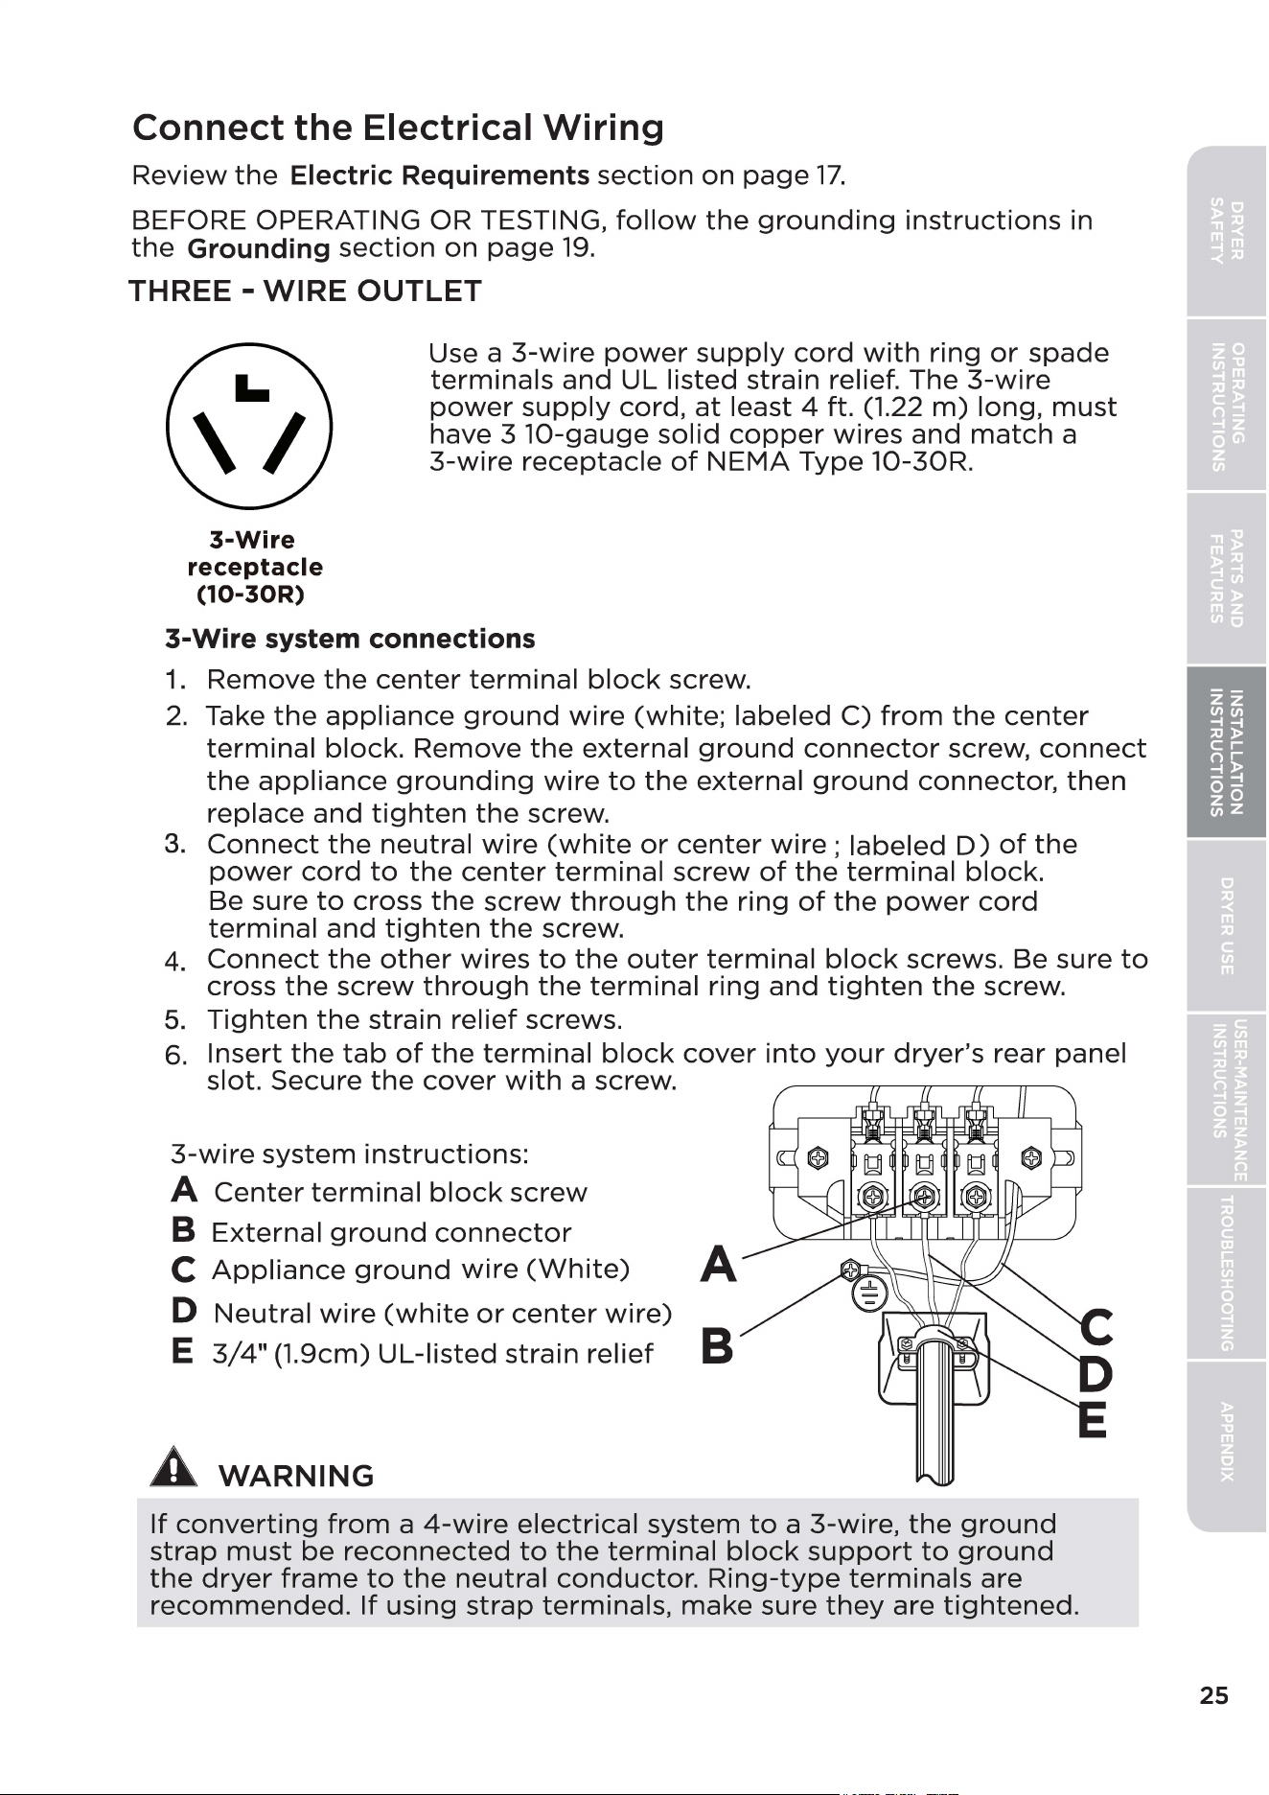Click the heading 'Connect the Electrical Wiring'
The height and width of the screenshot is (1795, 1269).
point(398,128)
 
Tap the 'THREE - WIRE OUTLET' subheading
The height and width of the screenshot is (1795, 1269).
point(305,291)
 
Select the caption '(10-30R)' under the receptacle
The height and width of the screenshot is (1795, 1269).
point(250,594)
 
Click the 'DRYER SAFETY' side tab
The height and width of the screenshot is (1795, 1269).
point(1227,231)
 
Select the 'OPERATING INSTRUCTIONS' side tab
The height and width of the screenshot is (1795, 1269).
point(1227,406)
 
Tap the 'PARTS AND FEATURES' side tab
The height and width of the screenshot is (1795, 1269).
point(1227,578)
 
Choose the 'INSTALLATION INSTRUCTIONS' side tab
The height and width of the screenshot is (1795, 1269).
point(1227,753)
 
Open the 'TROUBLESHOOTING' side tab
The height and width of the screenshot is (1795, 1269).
point(1227,1273)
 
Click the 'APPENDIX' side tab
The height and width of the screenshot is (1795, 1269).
point(1227,1442)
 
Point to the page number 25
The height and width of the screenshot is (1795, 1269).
point(1213,1695)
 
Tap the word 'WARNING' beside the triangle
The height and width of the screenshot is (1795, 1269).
point(296,1476)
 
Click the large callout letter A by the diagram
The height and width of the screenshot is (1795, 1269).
point(719,1264)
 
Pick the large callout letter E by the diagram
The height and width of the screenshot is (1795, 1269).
point(1092,1419)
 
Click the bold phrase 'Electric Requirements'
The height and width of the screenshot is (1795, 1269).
point(439,176)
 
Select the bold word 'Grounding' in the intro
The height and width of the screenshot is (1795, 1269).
point(259,249)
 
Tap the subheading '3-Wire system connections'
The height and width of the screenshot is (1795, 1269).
point(350,640)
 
